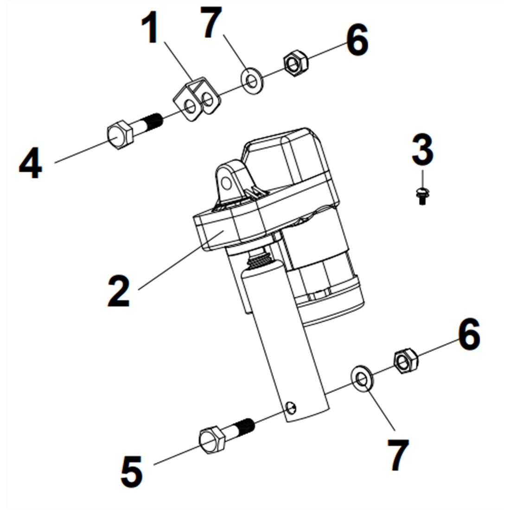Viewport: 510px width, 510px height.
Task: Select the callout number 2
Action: coord(119,291)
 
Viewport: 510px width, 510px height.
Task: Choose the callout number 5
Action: coord(132,471)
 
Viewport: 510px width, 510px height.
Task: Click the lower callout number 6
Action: coord(469,334)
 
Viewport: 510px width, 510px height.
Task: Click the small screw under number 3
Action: coord(422,196)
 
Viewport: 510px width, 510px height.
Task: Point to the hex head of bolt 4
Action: coord(121,135)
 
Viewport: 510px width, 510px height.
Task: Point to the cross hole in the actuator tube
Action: coord(291,408)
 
